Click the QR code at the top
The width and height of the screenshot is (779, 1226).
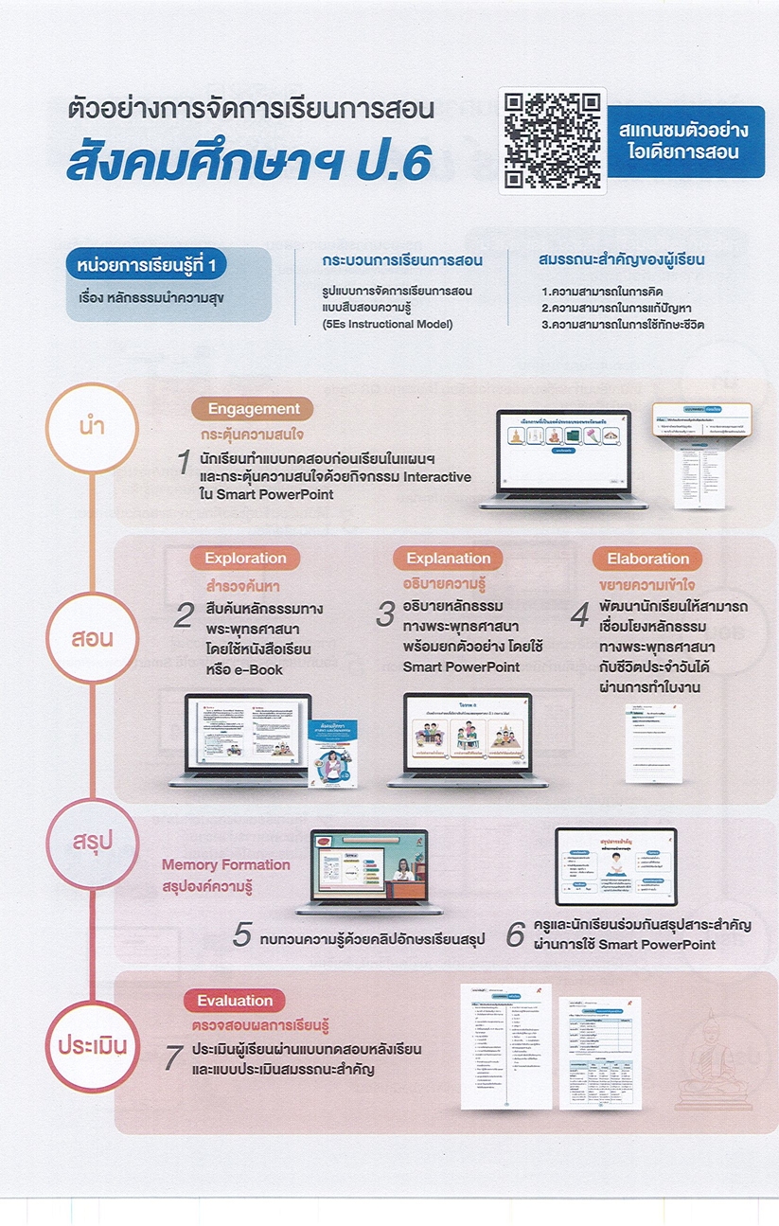pos(553,141)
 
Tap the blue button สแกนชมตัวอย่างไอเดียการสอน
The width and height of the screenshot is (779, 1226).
pos(692,141)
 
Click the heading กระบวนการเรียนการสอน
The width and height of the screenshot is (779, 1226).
pos(402,259)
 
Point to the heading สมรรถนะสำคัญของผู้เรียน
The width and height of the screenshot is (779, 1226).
pos(621,259)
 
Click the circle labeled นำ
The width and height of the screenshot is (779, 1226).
pos(91,427)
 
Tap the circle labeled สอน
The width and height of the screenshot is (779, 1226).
pos(91,637)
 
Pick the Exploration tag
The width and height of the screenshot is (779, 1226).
pos(245,558)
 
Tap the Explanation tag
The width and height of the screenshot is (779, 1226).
pos(449,558)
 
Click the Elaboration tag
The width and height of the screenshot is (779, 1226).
pos(647,558)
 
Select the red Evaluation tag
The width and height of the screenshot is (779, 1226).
pos(235,1001)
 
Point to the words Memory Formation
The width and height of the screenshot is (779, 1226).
pos(225,864)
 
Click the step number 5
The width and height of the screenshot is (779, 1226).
pos(242,936)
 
